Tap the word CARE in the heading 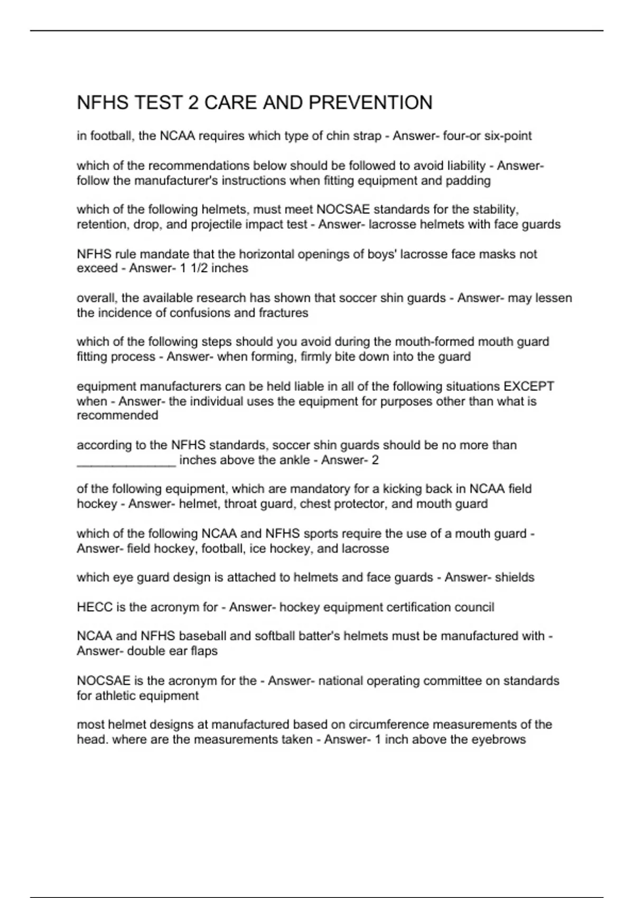click(x=228, y=102)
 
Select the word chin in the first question click(x=338, y=136)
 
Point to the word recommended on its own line click(x=117, y=415)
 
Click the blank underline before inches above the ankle click(x=126, y=460)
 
